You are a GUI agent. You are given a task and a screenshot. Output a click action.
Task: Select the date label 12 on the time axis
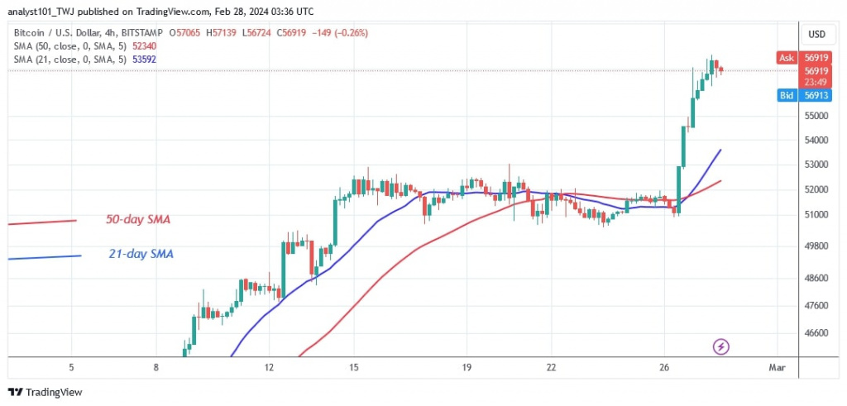coord(269,367)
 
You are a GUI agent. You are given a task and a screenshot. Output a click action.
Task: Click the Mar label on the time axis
coord(776,367)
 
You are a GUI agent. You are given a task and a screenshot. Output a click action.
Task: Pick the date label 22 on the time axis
coord(551,367)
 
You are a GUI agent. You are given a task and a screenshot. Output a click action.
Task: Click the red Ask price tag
coord(787,58)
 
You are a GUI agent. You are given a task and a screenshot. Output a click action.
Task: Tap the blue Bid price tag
coord(787,96)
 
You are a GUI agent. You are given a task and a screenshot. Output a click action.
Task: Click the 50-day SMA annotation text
coord(139,219)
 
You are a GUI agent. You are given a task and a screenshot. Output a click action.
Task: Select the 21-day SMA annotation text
coord(141,254)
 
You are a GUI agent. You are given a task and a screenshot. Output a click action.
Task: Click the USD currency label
coord(816,34)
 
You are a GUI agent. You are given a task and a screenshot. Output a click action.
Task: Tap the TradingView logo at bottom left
coord(45,392)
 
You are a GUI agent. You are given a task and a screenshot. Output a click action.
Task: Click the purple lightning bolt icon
coord(720,345)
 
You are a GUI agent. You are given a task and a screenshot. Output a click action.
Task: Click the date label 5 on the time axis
coord(72,367)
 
